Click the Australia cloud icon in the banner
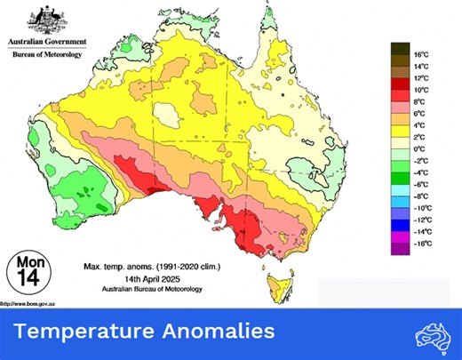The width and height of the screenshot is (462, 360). [x=433, y=334]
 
